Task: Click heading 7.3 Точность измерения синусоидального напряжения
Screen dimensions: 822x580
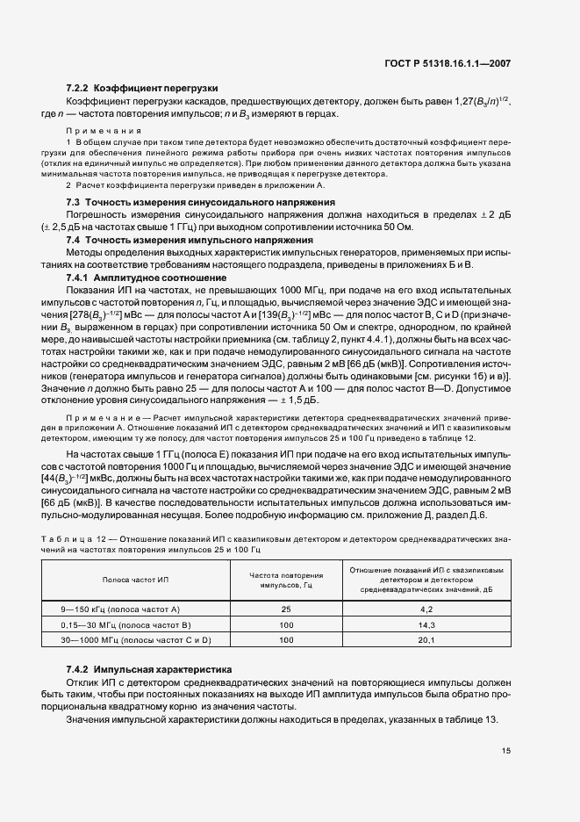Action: coord(201,202)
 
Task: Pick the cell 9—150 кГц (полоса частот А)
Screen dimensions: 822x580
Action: coord(119,609)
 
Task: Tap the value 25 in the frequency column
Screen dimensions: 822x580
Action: coord(286,609)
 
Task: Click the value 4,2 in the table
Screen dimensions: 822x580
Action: coord(427,609)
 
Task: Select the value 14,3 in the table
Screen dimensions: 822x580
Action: coord(427,624)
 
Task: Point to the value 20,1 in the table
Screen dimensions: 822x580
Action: coord(427,640)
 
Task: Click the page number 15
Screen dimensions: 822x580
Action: coord(505,750)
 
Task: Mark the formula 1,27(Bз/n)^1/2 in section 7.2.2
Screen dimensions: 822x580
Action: coord(476,103)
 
